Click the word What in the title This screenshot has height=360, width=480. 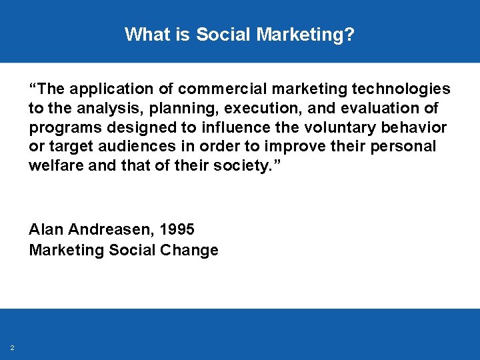coord(143,34)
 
